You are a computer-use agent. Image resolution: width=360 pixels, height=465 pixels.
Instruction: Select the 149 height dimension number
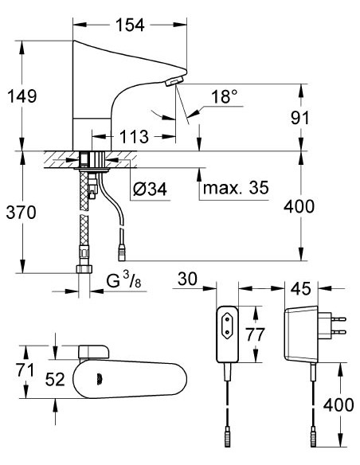pos(24,96)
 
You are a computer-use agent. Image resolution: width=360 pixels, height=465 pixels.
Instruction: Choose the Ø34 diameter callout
pos(150,189)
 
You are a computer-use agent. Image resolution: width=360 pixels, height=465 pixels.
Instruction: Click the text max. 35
pos(237,189)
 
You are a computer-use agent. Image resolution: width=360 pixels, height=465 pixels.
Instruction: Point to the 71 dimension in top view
pos(25,369)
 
